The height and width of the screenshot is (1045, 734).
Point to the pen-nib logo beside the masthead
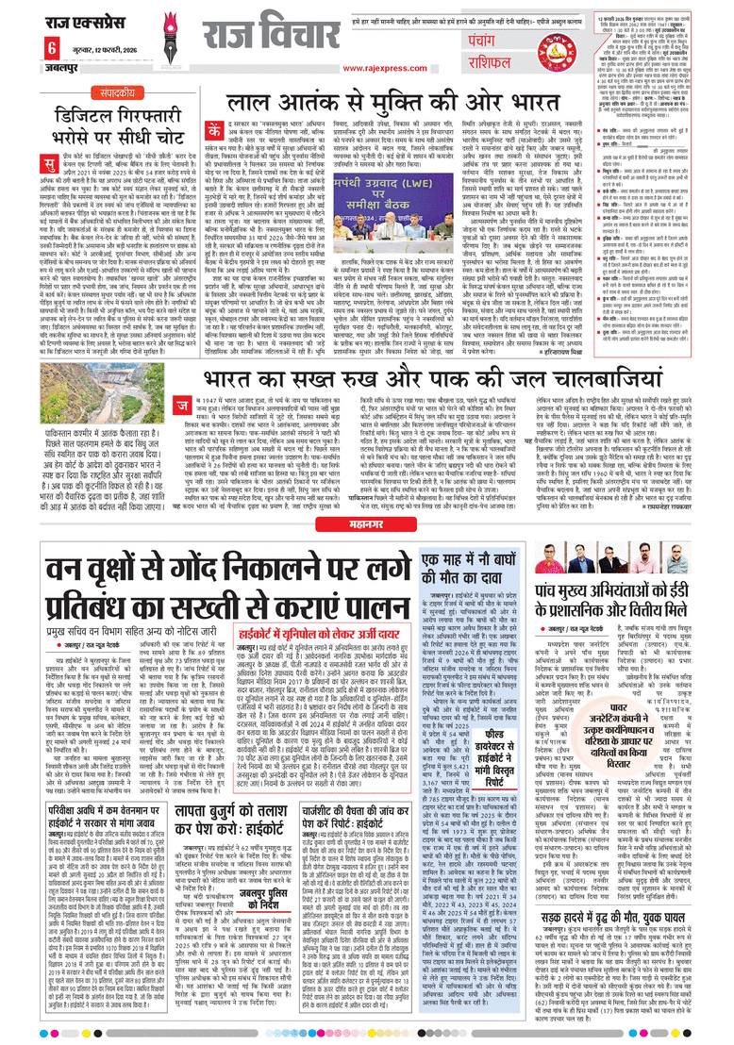[171, 38]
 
